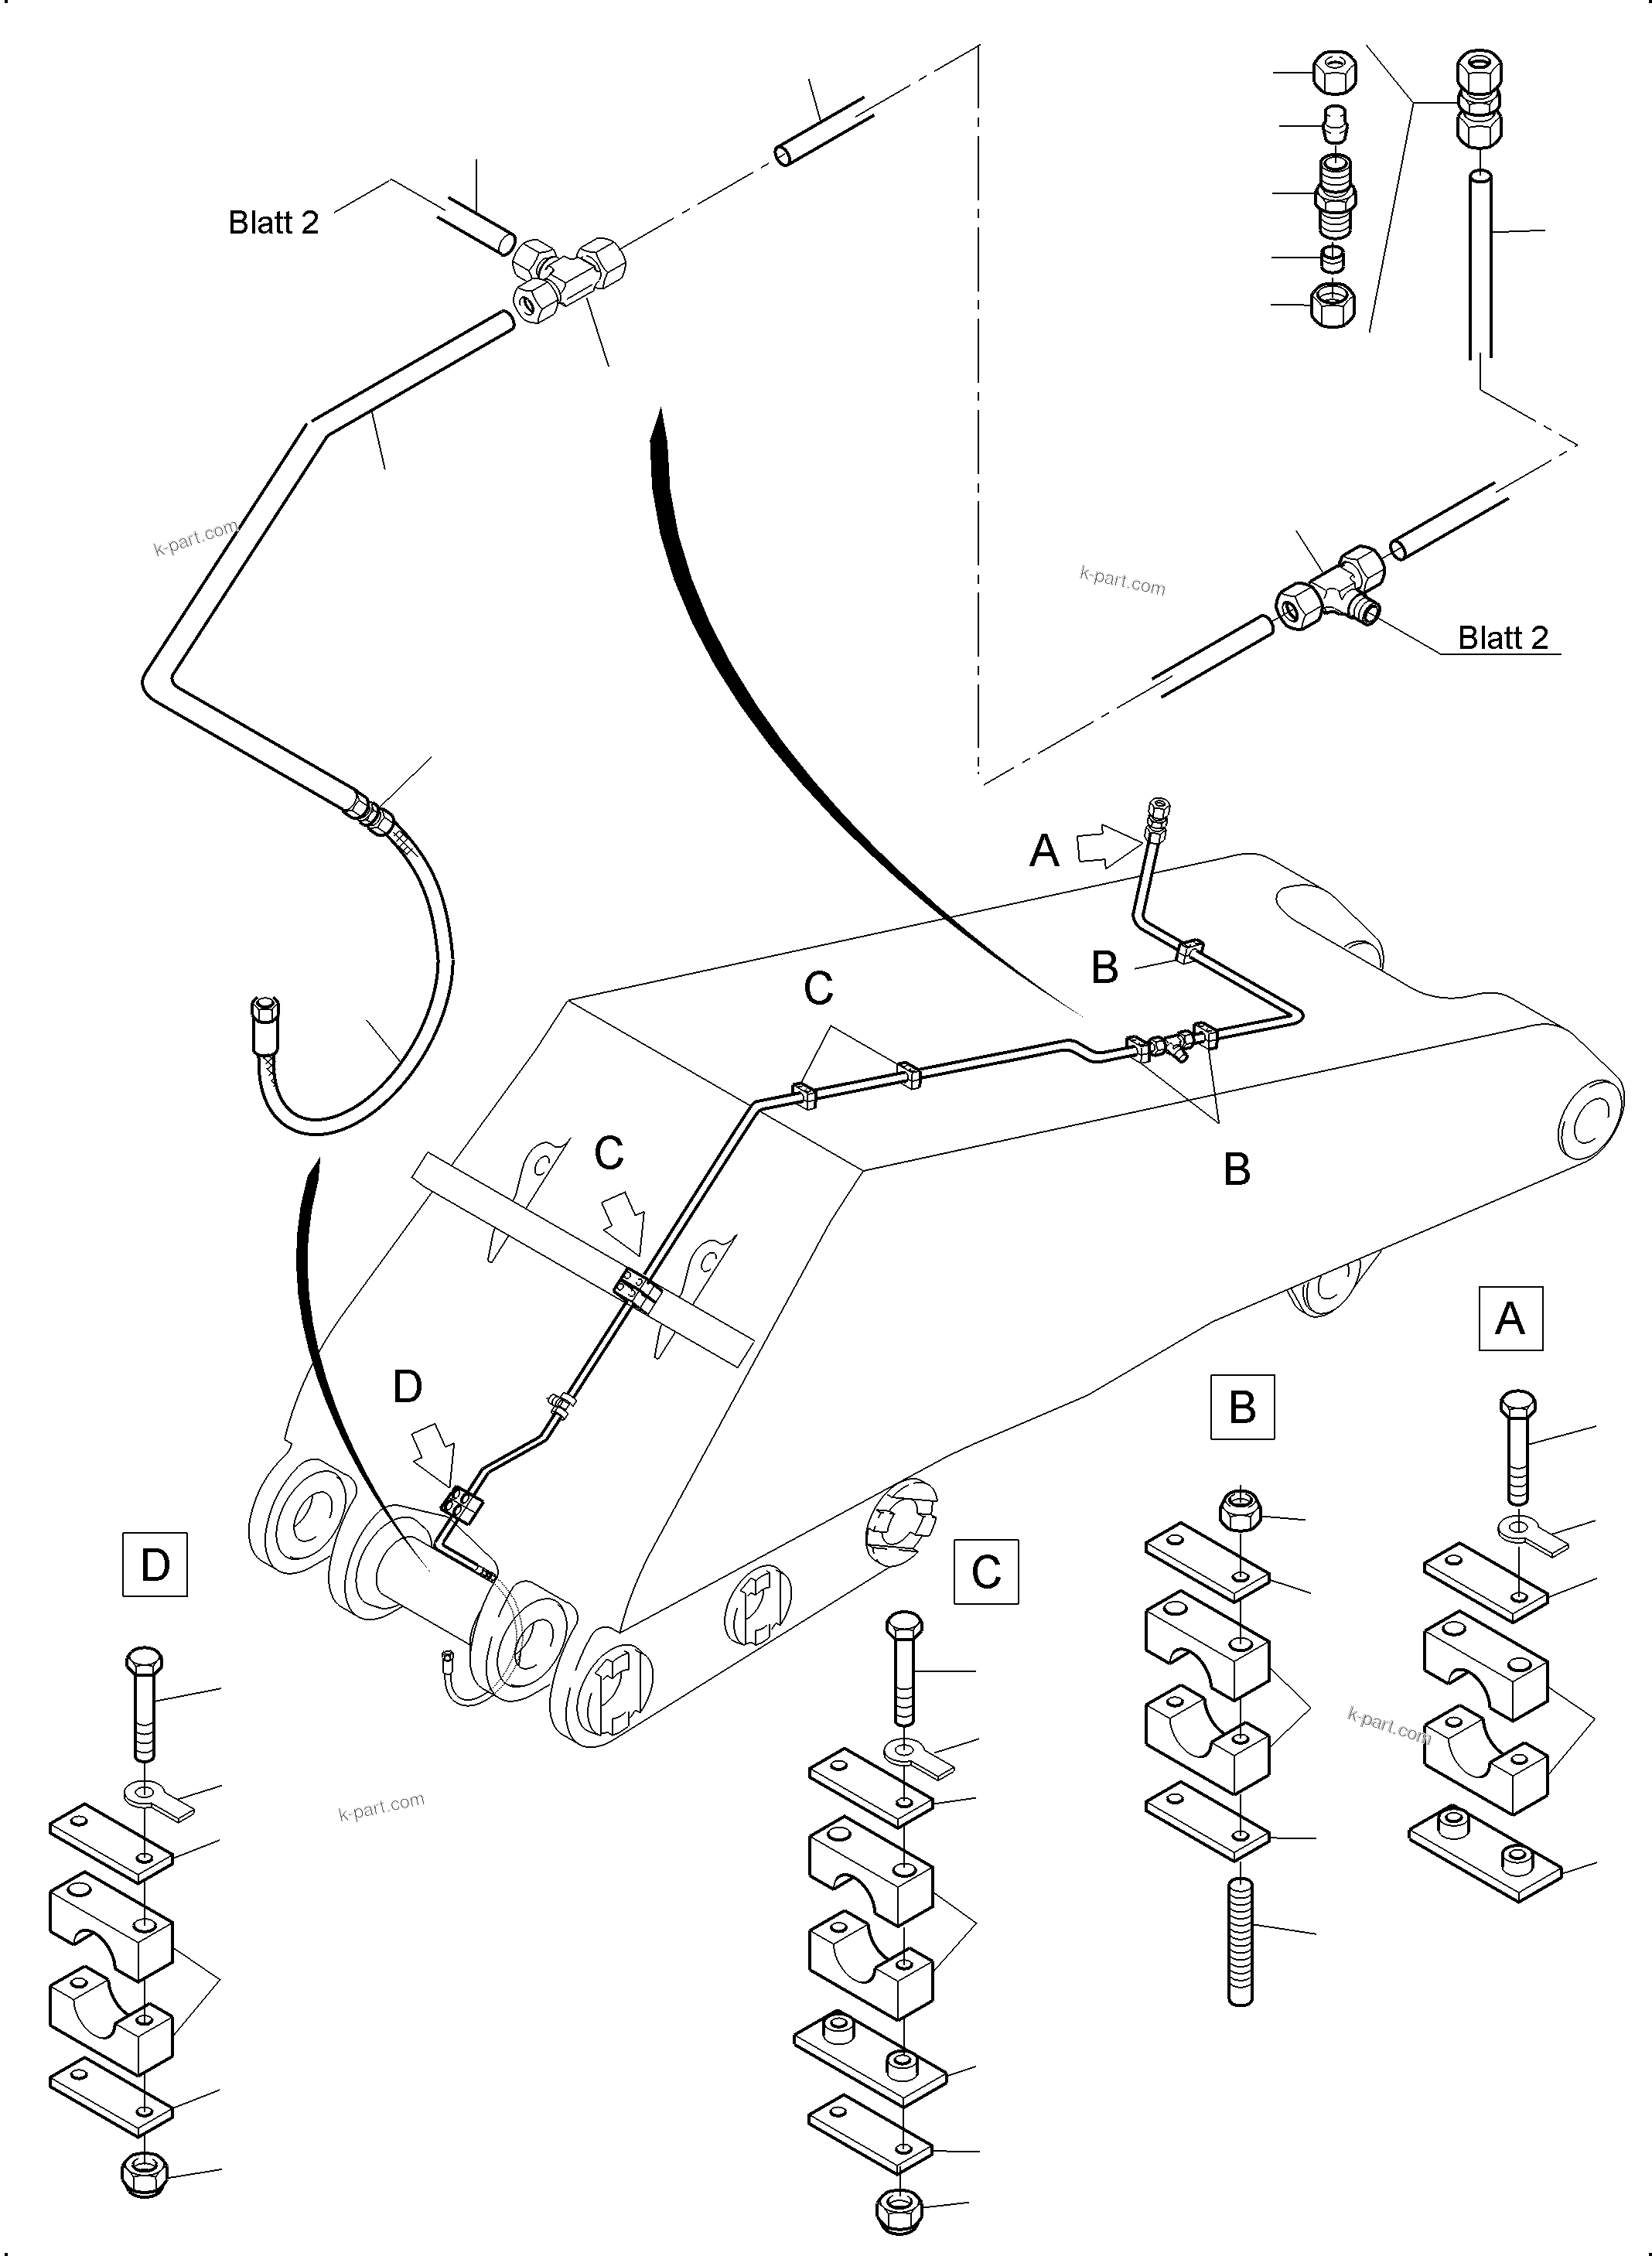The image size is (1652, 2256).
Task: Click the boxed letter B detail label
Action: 1242,1407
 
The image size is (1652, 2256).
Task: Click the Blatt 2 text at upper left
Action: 273,222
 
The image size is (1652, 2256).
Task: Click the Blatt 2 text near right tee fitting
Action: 1502,637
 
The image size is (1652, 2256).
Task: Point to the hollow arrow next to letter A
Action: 1106,847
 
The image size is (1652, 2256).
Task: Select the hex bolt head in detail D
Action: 145,1664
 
